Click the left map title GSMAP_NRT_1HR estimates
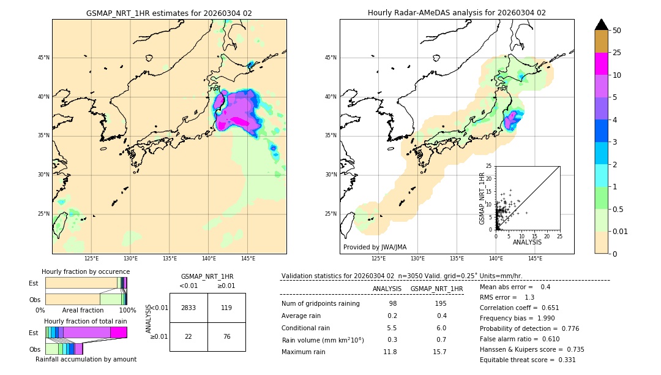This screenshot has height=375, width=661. (169, 13)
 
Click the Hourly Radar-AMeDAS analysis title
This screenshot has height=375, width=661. (457, 13)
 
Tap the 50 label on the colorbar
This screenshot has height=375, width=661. (617, 31)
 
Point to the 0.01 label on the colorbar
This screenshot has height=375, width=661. (621, 231)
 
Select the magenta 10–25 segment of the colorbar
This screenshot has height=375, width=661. (601, 64)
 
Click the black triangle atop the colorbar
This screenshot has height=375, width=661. (601, 25)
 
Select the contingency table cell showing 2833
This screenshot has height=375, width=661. (189, 308)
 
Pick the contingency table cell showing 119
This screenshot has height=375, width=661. (226, 308)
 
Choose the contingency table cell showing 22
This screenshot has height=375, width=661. (189, 336)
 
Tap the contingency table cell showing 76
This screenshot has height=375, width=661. (226, 336)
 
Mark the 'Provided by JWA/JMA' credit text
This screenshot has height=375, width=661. (375, 248)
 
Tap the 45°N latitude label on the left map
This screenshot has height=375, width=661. (43, 58)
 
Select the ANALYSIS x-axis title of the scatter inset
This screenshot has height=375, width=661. (527, 242)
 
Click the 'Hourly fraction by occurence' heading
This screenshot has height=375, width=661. (86, 272)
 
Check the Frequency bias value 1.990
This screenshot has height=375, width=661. (545, 319)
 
